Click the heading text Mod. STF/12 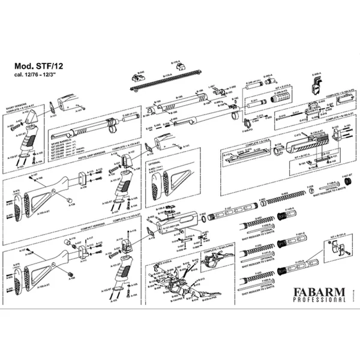[41, 67]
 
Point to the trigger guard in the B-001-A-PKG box [213, 261]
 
